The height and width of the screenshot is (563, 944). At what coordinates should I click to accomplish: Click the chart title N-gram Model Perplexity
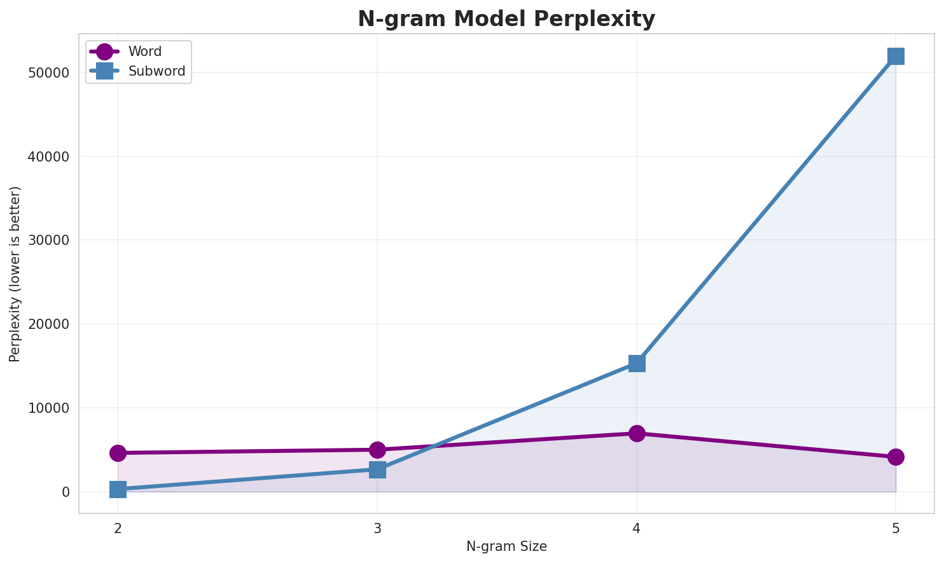pyautogui.click(x=506, y=19)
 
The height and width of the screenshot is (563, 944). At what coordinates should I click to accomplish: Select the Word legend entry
pyautogui.click(x=144, y=52)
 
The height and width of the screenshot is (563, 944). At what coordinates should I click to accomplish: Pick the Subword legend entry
pyautogui.click(x=156, y=71)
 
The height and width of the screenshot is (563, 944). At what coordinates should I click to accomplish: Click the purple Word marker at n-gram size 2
pyautogui.click(x=118, y=453)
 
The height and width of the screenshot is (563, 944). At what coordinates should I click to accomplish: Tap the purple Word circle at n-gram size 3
pyautogui.click(x=377, y=450)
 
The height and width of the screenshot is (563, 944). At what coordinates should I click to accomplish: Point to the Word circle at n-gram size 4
pyautogui.click(x=637, y=433)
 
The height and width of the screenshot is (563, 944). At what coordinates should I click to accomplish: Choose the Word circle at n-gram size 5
pyautogui.click(x=896, y=457)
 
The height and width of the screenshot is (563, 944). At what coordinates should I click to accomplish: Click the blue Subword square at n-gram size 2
pyautogui.click(x=118, y=489)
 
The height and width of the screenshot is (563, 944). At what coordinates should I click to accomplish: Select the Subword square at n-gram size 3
pyautogui.click(x=377, y=469)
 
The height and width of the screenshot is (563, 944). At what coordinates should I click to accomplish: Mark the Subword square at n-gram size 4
pyautogui.click(x=637, y=363)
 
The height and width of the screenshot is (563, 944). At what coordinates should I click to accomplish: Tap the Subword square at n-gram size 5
pyautogui.click(x=896, y=56)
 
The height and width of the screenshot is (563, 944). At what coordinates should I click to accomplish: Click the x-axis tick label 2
pyautogui.click(x=118, y=528)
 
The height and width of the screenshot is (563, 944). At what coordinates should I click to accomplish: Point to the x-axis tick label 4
pyautogui.click(x=637, y=528)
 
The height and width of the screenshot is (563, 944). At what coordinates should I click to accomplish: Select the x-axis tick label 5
pyautogui.click(x=896, y=528)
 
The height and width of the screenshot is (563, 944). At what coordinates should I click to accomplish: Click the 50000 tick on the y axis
pyautogui.click(x=48, y=73)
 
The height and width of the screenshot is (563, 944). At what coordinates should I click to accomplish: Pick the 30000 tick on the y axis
pyautogui.click(x=48, y=240)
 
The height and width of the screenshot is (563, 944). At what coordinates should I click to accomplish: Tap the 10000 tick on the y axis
pyautogui.click(x=48, y=408)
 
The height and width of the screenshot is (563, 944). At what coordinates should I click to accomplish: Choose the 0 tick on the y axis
pyautogui.click(x=66, y=492)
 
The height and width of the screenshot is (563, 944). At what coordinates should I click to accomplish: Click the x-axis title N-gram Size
pyautogui.click(x=506, y=546)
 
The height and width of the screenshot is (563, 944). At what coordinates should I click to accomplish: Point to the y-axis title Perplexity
pyautogui.click(x=15, y=274)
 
